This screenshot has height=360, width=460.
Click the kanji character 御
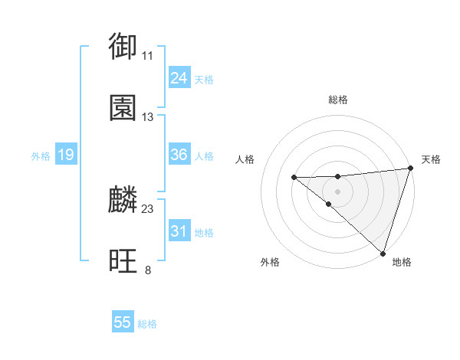[123, 47]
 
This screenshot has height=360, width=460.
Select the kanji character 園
[123, 109]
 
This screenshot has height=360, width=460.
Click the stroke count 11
[147, 56]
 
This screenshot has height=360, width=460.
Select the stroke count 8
[147, 270]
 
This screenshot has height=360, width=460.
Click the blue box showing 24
[179, 78]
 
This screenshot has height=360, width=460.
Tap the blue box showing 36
[179, 155]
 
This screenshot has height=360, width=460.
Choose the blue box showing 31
[179, 231]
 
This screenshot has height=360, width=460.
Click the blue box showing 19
[65, 155]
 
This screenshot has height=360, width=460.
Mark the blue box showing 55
[123, 322]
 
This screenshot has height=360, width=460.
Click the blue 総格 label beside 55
[147, 324]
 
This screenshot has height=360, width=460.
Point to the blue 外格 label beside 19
[41, 156]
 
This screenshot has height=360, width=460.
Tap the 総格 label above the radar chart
[337, 100]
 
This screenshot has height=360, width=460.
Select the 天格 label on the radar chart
[431, 159]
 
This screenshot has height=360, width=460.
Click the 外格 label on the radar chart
[270, 262]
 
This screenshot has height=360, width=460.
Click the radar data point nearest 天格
[410, 168]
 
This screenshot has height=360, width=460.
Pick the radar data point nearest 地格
[383, 252]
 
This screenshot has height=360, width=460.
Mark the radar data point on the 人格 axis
[294, 178]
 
